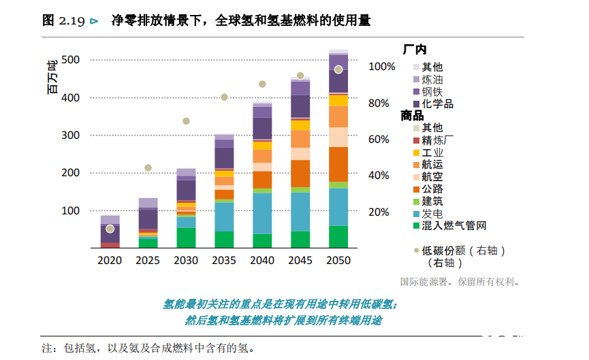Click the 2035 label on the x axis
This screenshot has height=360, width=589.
click(x=224, y=261)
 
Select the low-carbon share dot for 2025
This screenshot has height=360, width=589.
click(x=148, y=168)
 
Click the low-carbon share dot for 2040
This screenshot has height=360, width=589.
click(x=262, y=84)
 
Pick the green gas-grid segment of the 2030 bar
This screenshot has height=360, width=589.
click(x=186, y=238)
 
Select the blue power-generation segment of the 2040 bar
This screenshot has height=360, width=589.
click(x=262, y=213)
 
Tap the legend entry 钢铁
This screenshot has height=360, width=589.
click(x=432, y=92)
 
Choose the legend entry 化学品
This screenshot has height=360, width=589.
click(x=437, y=104)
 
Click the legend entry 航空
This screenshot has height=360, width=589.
click(x=432, y=177)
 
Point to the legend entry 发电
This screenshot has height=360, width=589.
click(x=432, y=214)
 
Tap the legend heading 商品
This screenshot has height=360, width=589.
click(x=413, y=116)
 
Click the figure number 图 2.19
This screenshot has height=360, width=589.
click(x=63, y=20)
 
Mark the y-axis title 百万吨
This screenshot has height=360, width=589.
click(x=52, y=78)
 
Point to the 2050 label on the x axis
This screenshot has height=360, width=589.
click(x=338, y=261)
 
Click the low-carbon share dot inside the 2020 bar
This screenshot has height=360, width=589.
click(x=110, y=229)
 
